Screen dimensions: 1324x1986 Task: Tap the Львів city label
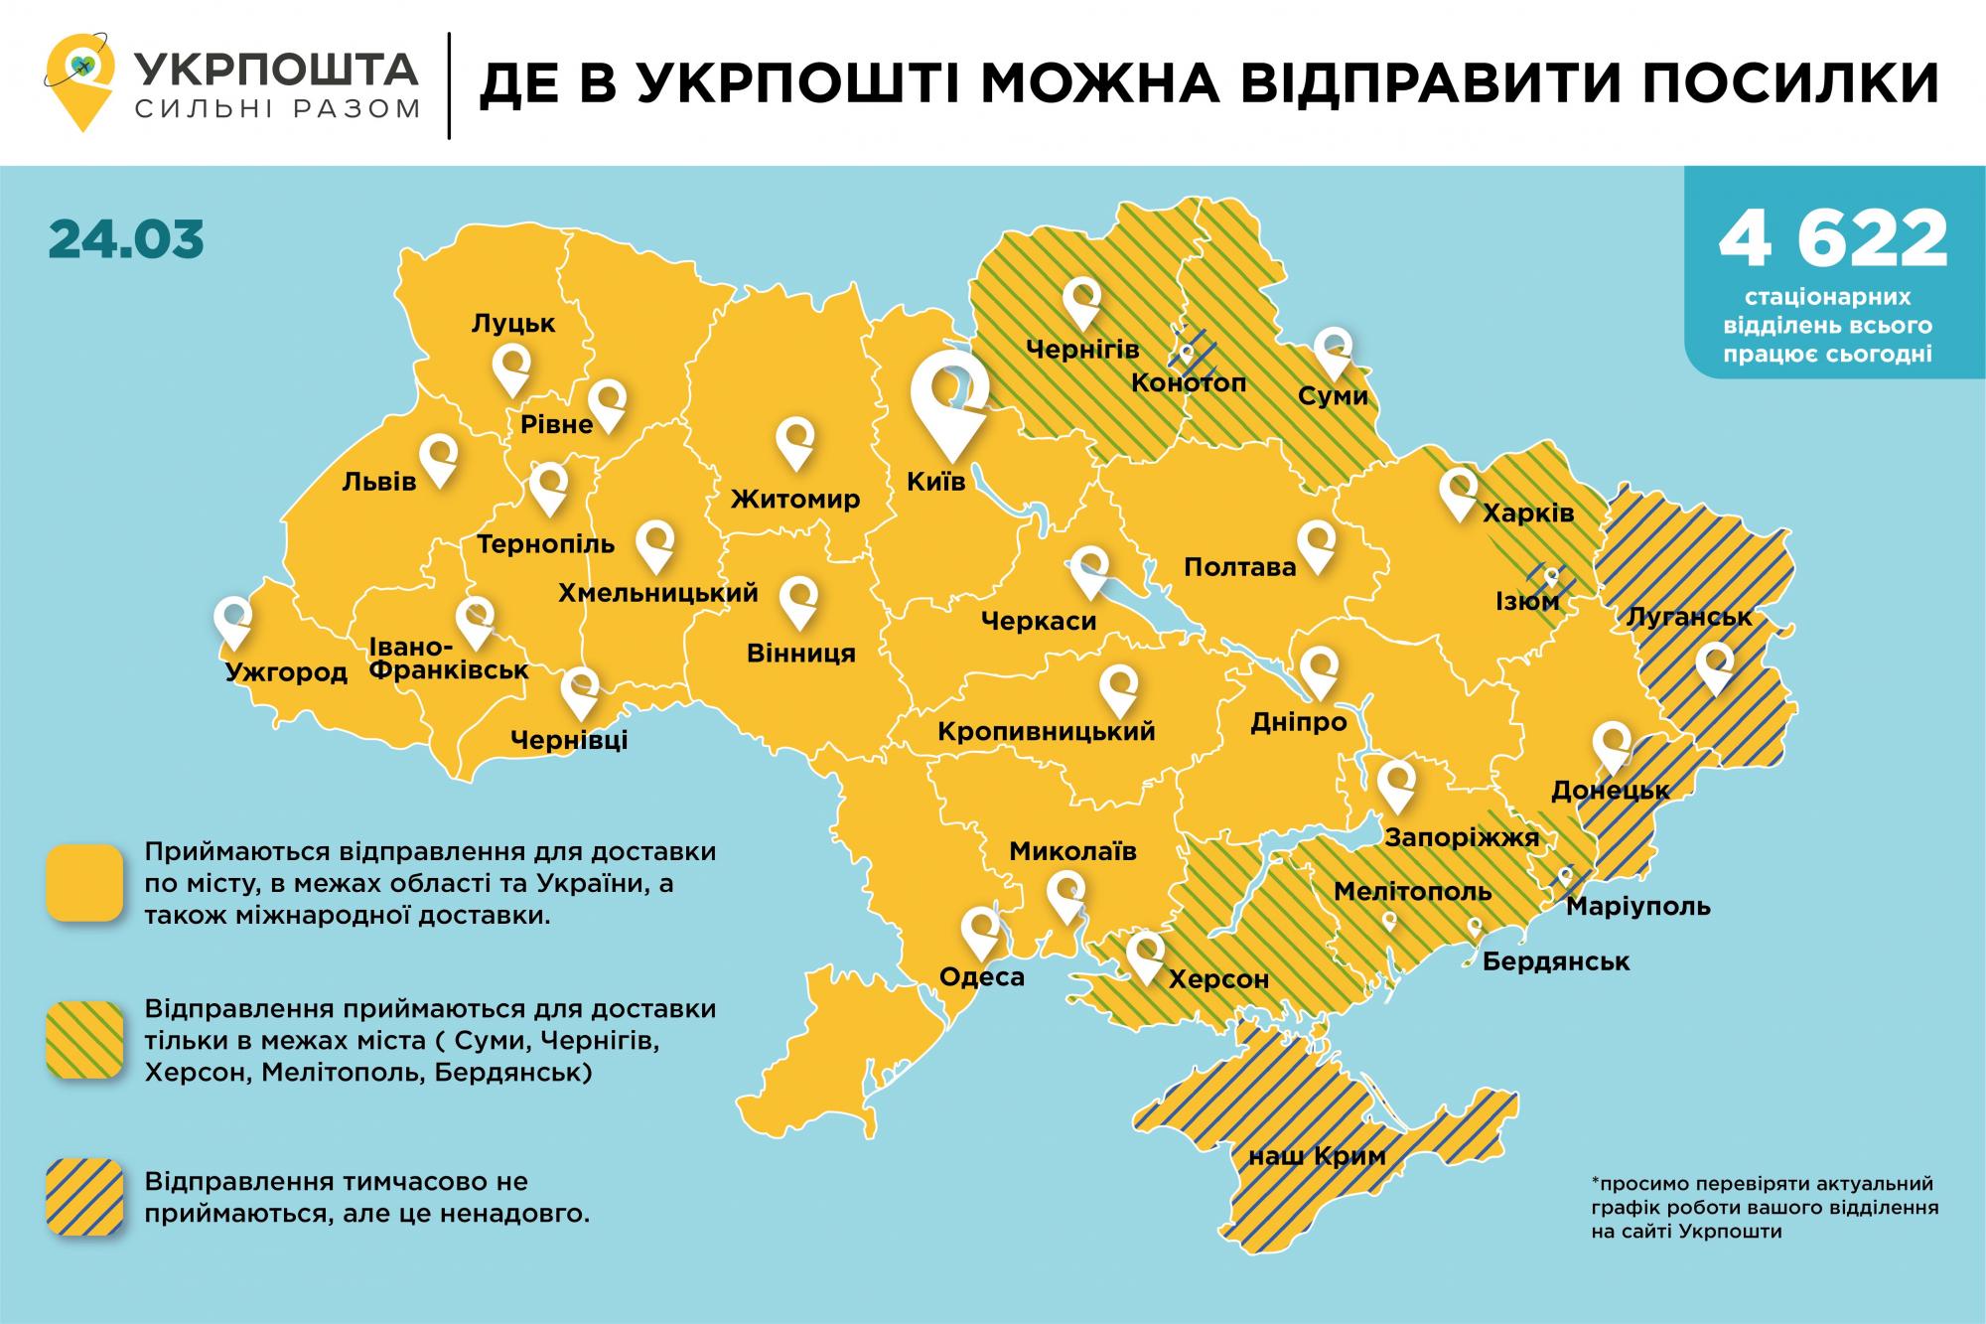pos(378,482)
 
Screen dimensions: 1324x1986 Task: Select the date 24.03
pos(126,239)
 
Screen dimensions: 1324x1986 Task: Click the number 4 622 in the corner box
pos(1833,239)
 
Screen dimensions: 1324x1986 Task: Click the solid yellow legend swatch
pos(84,883)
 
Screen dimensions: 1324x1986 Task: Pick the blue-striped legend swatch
pos(84,1198)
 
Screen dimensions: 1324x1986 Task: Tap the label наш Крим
pos(1316,1155)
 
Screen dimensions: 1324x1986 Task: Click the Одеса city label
pos(981,977)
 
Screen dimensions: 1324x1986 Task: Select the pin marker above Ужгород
pos(232,621)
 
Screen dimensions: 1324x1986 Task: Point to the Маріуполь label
pos(1637,906)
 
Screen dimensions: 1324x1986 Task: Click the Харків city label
pos(1527,514)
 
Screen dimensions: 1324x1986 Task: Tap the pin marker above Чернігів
pos(1081,301)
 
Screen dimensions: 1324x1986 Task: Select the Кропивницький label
pos(1047,732)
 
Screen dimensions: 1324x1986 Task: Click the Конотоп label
pos(1188,383)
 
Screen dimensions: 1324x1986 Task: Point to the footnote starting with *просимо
pos(1764,1208)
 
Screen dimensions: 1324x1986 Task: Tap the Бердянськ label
pos(1556,961)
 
